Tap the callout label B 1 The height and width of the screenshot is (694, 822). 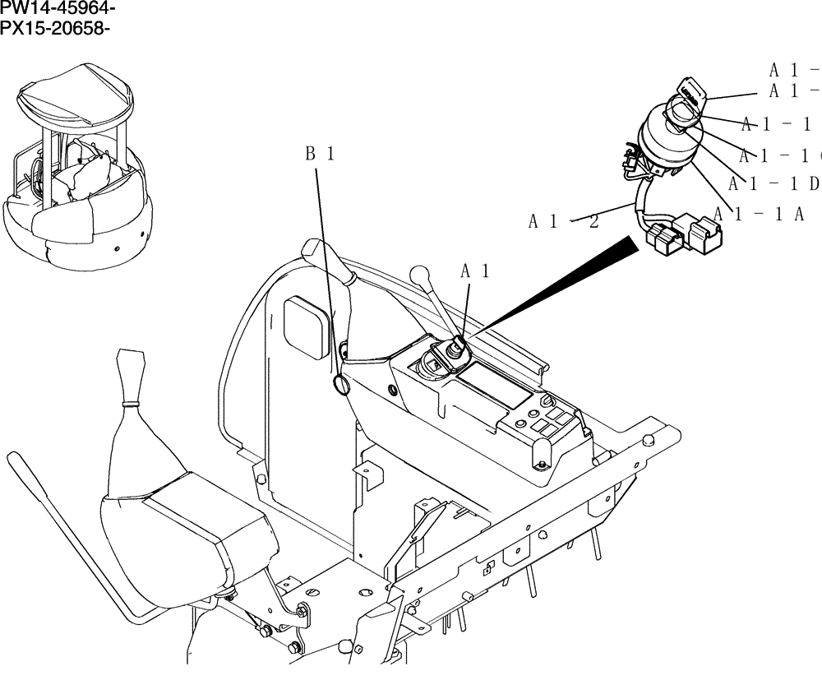[320, 154]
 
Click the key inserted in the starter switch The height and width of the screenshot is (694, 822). [690, 92]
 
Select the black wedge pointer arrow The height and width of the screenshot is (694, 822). [559, 284]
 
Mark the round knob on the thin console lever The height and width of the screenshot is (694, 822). [420, 272]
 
